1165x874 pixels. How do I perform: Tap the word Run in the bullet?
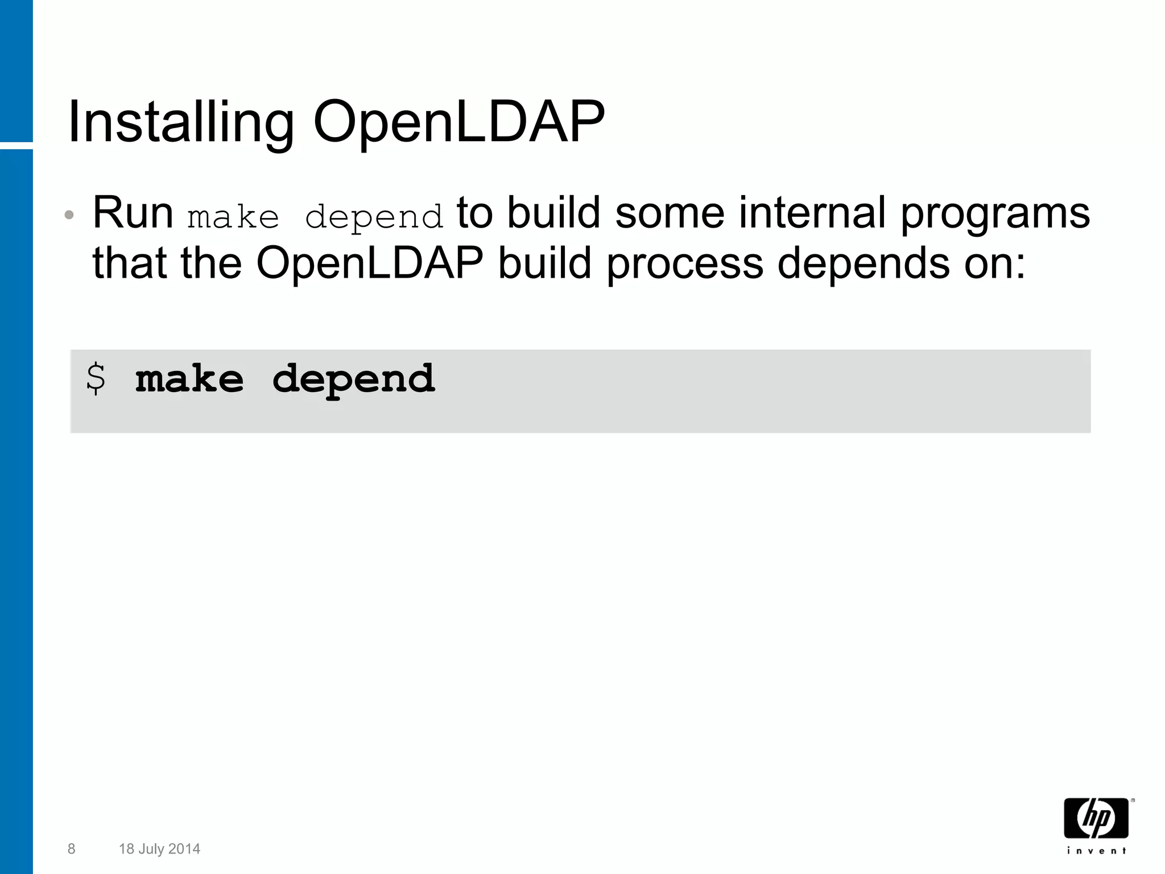pyautogui.click(x=133, y=213)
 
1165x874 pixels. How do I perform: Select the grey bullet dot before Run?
pyautogui.click(x=69, y=215)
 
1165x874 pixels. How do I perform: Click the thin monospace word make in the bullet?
pyautogui.click(x=233, y=217)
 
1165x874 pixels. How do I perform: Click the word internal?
pyautogui.click(x=812, y=213)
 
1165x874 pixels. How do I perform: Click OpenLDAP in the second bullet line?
pyautogui.click(x=370, y=263)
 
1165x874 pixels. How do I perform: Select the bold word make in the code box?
pyautogui.click(x=189, y=379)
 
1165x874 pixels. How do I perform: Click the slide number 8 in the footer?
pyautogui.click(x=71, y=849)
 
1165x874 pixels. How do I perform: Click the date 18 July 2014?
pyautogui.click(x=159, y=849)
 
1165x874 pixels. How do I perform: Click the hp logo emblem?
pyautogui.click(x=1096, y=818)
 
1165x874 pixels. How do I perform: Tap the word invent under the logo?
pyautogui.click(x=1096, y=851)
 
